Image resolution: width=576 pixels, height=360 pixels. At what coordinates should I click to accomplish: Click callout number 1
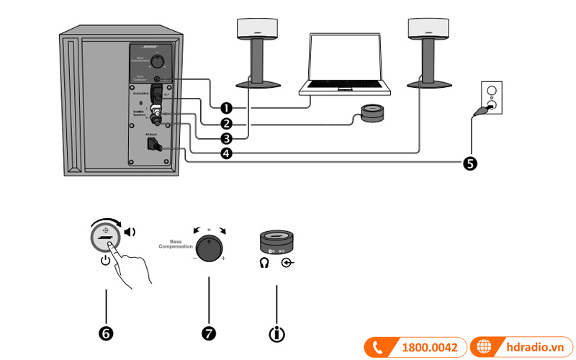point(226,108)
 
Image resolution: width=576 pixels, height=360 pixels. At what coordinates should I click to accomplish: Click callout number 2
point(226,123)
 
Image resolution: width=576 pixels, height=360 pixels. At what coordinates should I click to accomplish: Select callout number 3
point(226,138)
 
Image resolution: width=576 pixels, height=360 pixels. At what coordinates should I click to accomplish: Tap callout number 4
point(226,153)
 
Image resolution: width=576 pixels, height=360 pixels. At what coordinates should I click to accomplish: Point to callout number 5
point(469,163)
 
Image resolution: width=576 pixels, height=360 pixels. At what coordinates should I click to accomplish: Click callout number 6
point(106,333)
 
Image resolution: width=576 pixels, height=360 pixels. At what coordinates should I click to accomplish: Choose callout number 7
point(209,333)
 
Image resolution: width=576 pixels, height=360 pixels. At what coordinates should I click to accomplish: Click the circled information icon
point(276,333)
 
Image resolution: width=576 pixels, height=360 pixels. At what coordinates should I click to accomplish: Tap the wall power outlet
point(491,97)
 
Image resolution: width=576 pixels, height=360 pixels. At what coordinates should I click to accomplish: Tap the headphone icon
point(264,264)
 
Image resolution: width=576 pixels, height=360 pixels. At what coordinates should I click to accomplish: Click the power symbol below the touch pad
point(106,261)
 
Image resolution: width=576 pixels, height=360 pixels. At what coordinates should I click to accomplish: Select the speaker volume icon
point(130,232)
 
